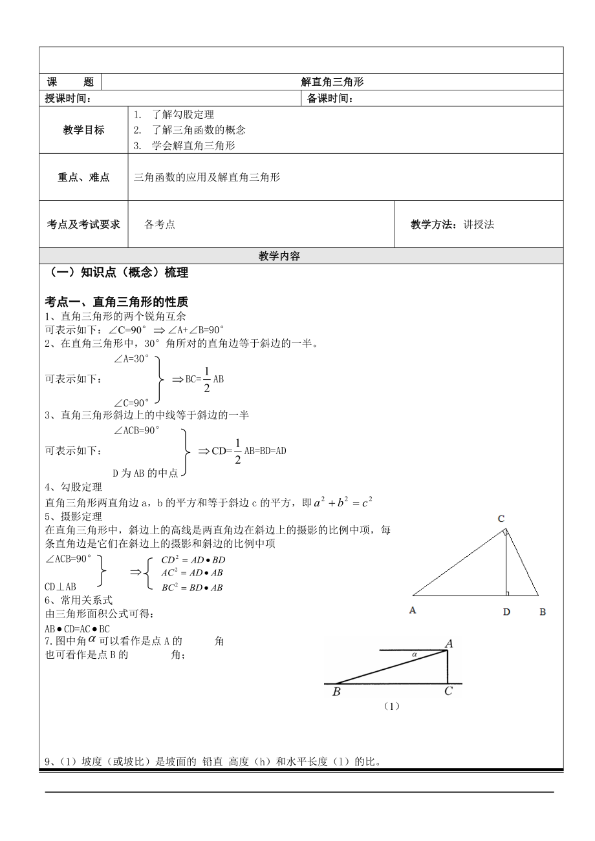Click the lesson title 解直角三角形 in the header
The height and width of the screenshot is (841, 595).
[332, 82]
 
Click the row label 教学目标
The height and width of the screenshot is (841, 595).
[83, 130]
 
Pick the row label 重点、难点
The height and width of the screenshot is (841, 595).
[83, 177]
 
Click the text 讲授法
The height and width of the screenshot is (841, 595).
[479, 224]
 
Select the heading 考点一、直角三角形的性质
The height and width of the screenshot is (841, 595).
[116, 302]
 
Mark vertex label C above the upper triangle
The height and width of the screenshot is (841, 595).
[501, 518]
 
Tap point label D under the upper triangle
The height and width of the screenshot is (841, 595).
[506, 612]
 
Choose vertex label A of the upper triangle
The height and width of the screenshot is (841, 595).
[413, 610]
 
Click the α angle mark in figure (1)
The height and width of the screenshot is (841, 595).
[415, 654]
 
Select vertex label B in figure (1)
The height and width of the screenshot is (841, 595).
[336, 692]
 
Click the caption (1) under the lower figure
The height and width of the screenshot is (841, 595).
[392, 706]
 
